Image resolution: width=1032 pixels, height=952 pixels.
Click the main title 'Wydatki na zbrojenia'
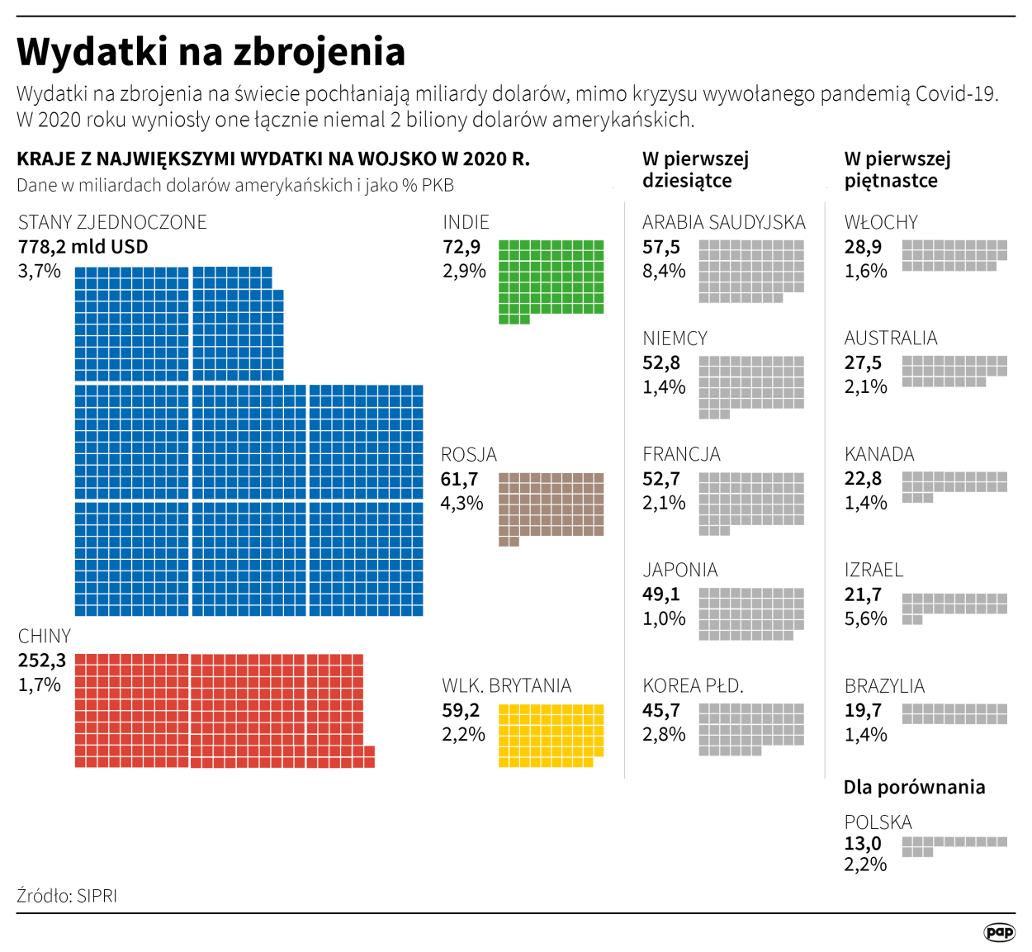coord(211,51)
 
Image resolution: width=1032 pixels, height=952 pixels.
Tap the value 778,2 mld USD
coord(83,247)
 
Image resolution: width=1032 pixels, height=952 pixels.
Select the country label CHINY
coord(45,636)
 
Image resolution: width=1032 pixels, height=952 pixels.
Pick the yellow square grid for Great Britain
coord(551,735)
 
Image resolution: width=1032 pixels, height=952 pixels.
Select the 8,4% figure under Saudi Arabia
coord(664,271)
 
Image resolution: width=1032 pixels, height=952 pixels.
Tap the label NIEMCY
coord(675,339)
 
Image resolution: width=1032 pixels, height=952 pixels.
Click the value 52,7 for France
coord(661,479)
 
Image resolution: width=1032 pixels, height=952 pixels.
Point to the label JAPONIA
coord(680,570)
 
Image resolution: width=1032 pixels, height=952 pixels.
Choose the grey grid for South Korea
coord(750,729)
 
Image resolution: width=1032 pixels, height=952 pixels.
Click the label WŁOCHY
coord(881,222)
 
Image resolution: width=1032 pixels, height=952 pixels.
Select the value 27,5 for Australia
coord(863,362)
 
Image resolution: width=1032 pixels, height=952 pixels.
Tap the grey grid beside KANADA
coord(954,486)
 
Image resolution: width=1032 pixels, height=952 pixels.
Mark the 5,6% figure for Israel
coord(865,618)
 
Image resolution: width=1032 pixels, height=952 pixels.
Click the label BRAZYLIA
coord(884,686)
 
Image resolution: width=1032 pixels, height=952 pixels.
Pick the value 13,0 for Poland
coord(863,843)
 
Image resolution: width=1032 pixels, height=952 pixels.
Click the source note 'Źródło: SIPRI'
coord(67,896)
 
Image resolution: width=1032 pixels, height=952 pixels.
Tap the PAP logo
coord(999,932)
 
